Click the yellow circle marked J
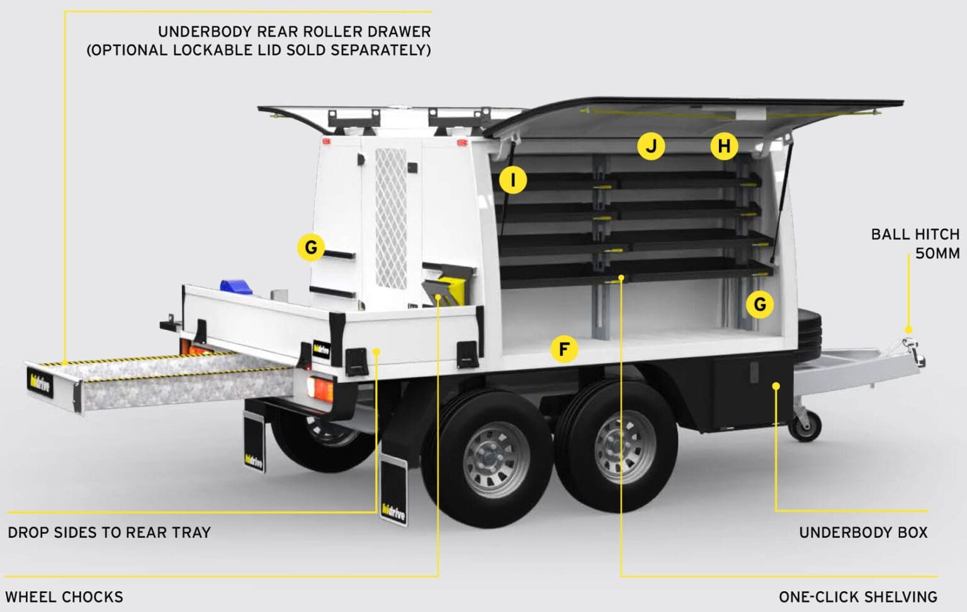pyautogui.click(x=651, y=147)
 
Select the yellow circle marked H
pyautogui.click(x=724, y=147)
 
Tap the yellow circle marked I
pyautogui.click(x=513, y=181)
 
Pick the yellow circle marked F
pyautogui.click(x=564, y=349)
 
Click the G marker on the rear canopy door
pyautogui.click(x=311, y=247)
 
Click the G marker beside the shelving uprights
pyautogui.click(x=760, y=305)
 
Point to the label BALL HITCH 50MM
pyautogui.click(x=915, y=244)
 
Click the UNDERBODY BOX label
pyautogui.click(x=863, y=533)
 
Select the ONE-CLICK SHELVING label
pyautogui.click(x=857, y=597)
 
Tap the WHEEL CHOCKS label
pyautogui.click(x=64, y=597)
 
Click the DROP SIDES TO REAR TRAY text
pyautogui.click(x=109, y=533)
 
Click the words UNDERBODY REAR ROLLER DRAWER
pyautogui.click(x=294, y=31)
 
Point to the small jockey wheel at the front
pyautogui.click(x=807, y=426)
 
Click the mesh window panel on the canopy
pyautogui.click(x=391, y=217)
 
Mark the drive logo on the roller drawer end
pyautogui.click(x=40, y=383)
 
